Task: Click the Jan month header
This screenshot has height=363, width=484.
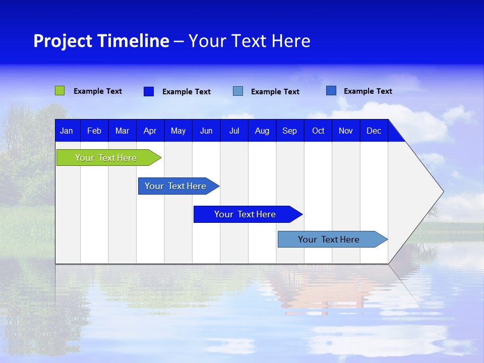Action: point(67,131)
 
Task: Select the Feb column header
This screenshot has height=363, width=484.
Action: point(94,131)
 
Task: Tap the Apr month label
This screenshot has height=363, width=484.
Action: point(150,131)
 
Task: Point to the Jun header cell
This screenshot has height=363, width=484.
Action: point(206,131)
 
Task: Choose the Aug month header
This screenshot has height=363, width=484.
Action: point(262,131)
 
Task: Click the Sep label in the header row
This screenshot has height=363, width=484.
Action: point(290,131)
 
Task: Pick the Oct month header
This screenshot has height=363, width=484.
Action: point(318,131)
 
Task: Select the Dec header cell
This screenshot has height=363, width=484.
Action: point(374,131)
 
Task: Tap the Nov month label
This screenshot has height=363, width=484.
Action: point(346,131)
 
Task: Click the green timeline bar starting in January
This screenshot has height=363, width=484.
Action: point(106,158)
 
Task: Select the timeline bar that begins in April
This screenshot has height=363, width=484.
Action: point(175,186)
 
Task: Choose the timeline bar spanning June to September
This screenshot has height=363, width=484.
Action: point(245,214)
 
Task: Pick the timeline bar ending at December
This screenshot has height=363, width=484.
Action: point(329,239)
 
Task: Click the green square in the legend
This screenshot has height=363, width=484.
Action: point(60,91)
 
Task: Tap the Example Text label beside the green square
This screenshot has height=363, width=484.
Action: point(98,91)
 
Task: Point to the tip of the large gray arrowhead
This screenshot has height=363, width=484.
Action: point(443,192)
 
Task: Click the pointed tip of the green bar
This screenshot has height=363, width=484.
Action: point(160,158)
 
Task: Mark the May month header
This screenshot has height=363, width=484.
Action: point(178,131)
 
